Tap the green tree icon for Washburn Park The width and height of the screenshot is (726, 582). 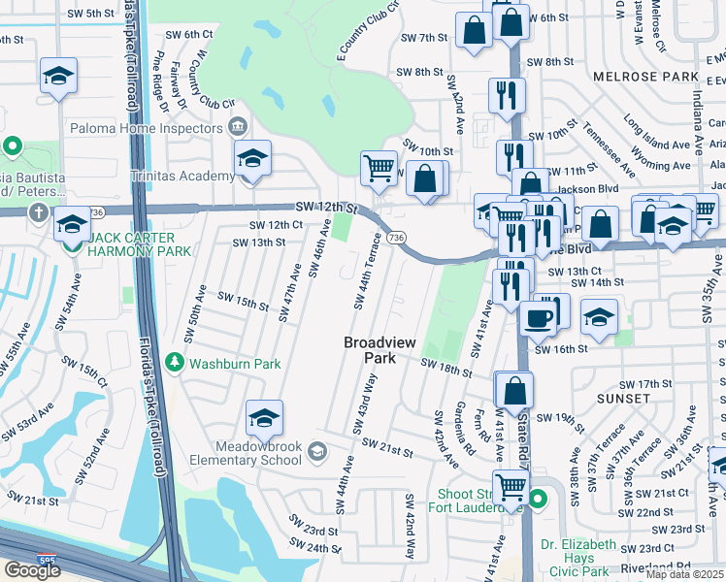(x=175, y=363)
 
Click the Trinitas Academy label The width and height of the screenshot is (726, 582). (x=183, y=176)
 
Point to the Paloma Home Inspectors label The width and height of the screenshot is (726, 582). (x=147, y=128)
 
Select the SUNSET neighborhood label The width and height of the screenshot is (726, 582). (x=623, y=399)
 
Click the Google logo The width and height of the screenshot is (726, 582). (x=32, y=569)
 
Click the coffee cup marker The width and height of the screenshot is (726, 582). (x=537, y=317)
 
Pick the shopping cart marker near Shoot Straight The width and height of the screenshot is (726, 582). (x=511, y=487)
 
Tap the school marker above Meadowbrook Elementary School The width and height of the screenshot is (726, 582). (x=264, y=417)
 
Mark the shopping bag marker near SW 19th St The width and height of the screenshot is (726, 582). (x=514, y=390)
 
